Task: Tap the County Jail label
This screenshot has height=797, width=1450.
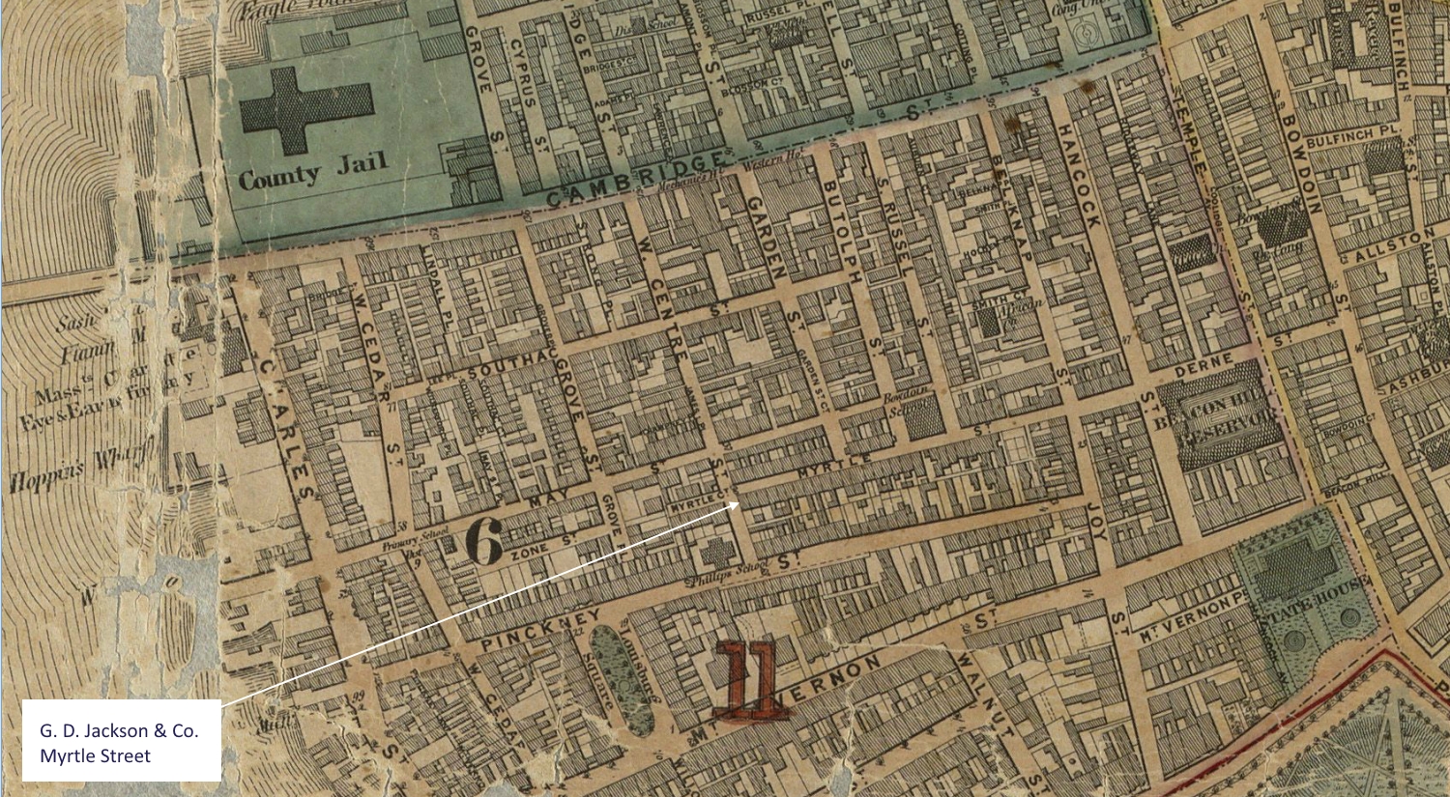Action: click(x=312, y=171)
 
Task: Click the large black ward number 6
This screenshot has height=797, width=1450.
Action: click(x=484, y=541)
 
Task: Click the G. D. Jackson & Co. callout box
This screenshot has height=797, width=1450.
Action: click(x=121, y=741)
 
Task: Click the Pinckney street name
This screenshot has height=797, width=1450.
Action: click(x=540, y=629)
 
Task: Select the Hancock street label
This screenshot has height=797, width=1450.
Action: click(x=1078, y=177)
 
